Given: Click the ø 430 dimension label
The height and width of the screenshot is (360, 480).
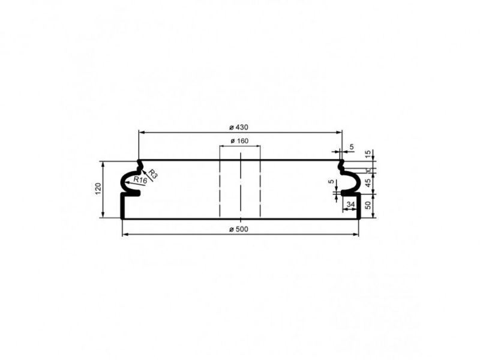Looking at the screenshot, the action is [239, 127].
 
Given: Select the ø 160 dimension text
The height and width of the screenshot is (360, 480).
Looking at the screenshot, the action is [239, 141].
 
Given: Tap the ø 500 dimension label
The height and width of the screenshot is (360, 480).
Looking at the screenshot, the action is [239, 229].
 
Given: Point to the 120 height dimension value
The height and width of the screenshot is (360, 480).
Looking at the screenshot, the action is [98, 189].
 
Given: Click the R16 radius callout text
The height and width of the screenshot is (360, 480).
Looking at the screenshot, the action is [140, 180].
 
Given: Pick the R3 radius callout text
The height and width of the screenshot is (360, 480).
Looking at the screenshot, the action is [153, 173].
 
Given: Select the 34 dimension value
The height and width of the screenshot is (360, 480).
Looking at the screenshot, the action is [351, 204].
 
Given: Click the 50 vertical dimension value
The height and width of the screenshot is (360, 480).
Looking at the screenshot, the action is [368, 205].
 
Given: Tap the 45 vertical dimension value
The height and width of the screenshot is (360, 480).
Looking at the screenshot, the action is [368, 182].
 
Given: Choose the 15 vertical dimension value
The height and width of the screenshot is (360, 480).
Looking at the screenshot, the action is [368, 153].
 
